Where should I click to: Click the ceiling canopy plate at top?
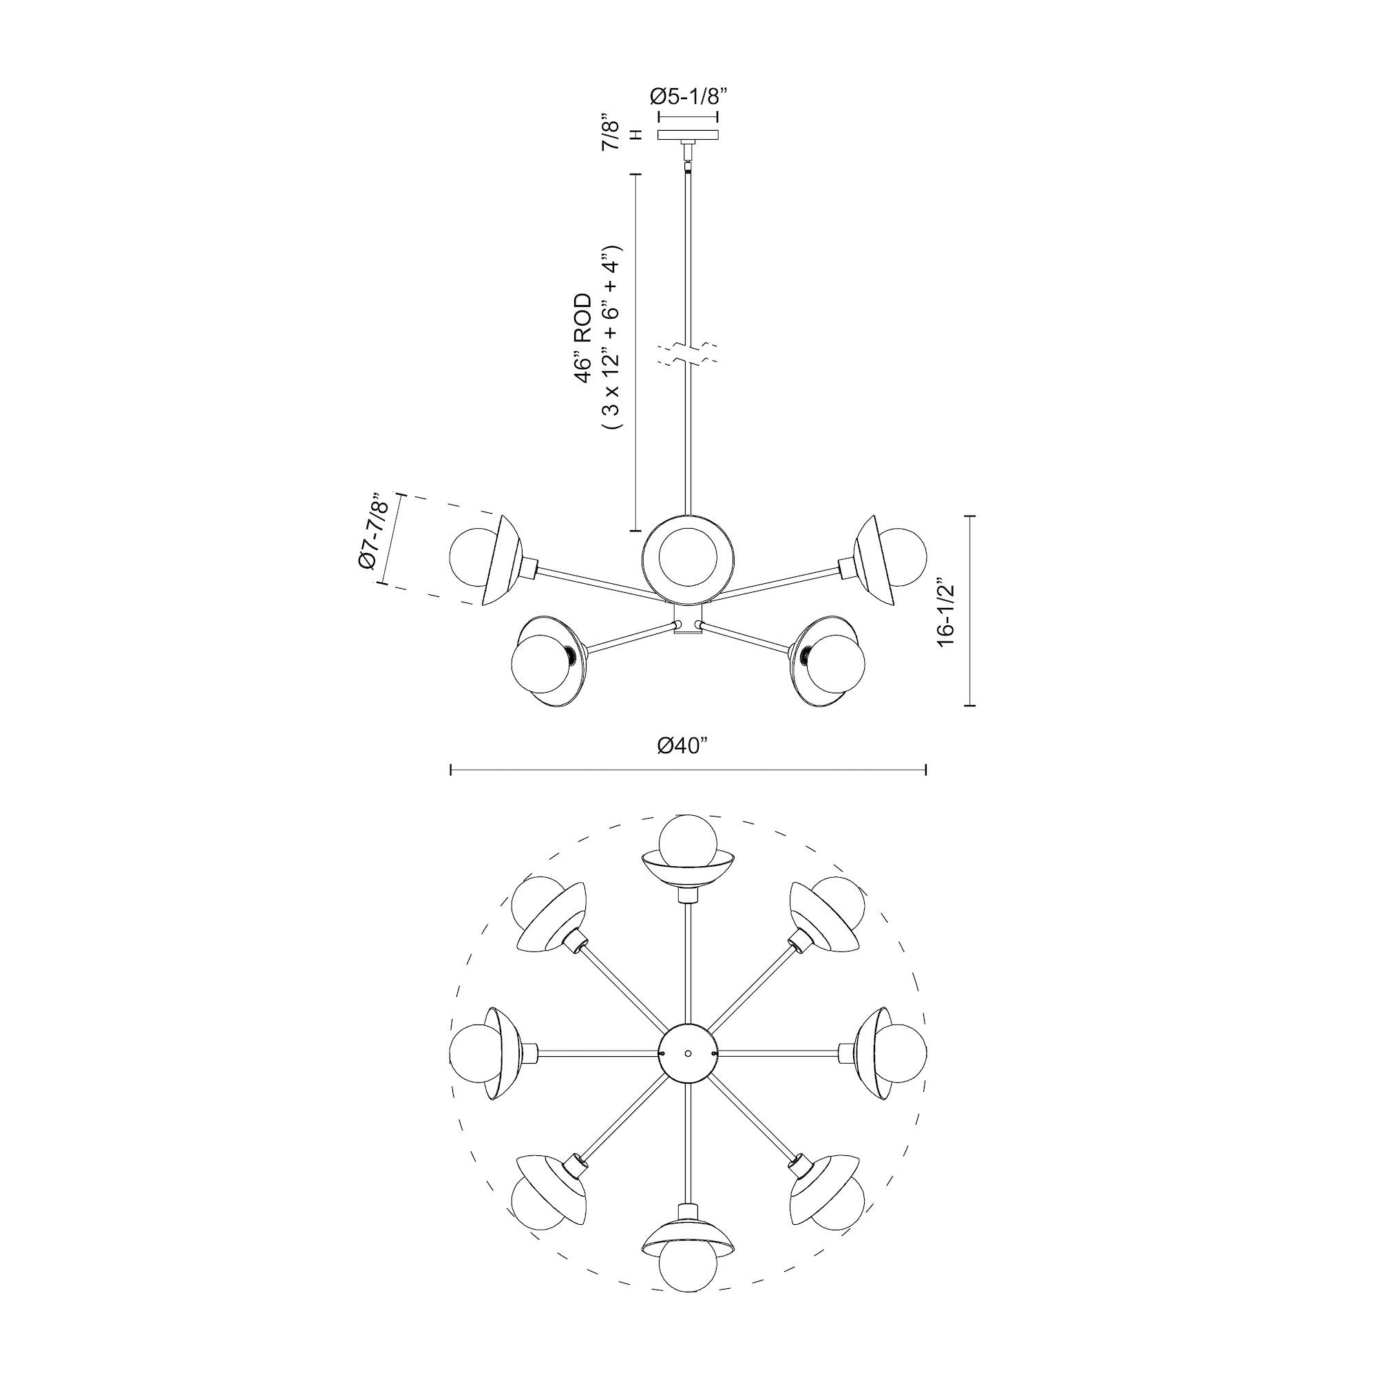(688, 135)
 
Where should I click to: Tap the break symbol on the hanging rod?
(688, 354)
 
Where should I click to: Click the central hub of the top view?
(688, 1053)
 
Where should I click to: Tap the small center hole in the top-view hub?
(688, 1053)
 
